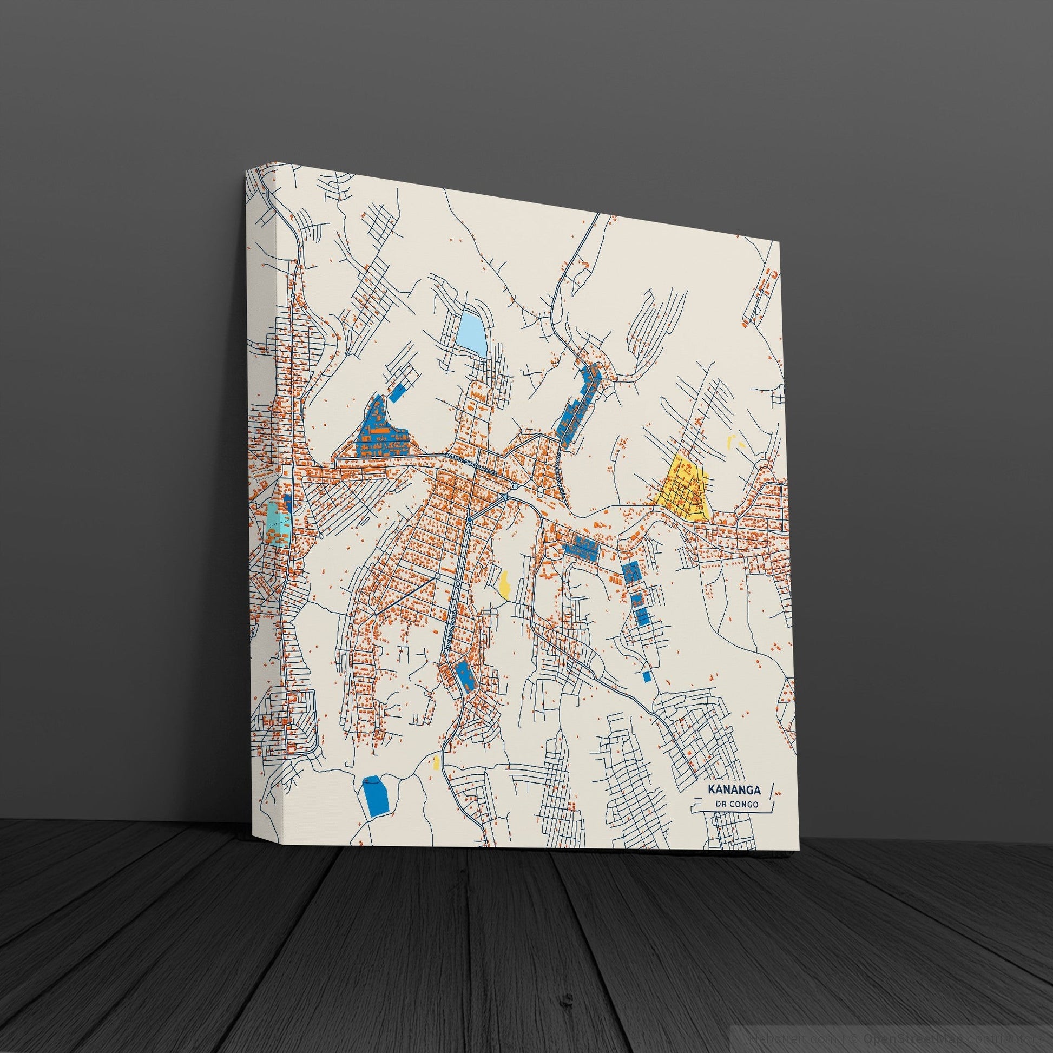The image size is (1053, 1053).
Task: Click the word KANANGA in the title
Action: click(x=731, y=789)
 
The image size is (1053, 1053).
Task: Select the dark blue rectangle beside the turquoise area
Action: click(x=288, y=504)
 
